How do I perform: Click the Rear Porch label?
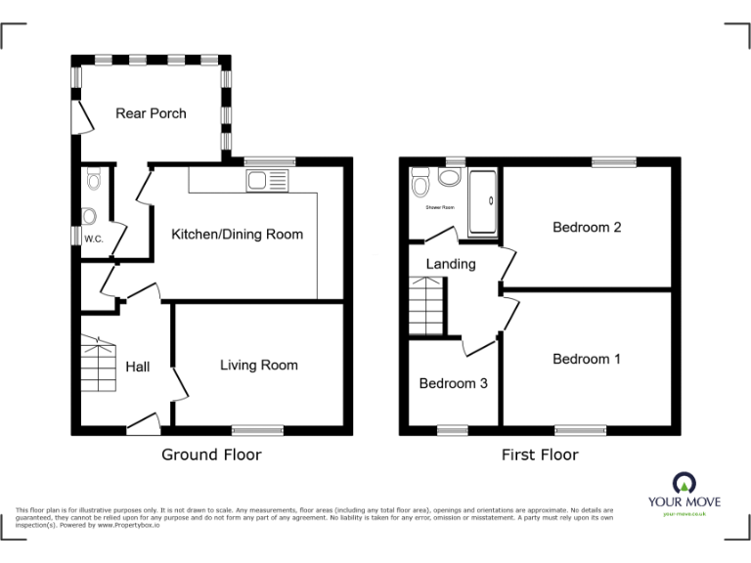pos(151,113)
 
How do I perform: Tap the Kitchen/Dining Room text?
pos(237,235)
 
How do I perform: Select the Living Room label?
pos(258,366)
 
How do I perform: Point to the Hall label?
pos(138,367)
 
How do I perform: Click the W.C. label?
pos(94,238)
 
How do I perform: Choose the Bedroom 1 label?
pos(587,360)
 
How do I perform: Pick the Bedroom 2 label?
pos(587,228)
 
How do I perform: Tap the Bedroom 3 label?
pos(453,383)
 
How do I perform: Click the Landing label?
pos(451,264)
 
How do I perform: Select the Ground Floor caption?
pos(211,455)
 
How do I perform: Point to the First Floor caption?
pos(540,455)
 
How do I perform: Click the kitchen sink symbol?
pos(268,180)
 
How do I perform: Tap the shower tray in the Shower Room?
pos(483,202)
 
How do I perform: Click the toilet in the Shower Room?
pos(421,183)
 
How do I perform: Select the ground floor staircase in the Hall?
pos(98,364)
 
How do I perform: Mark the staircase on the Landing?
pos(425,304)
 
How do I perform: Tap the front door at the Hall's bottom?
pos(144,424)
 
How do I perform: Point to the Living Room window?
pos(257,429)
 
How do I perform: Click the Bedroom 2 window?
pos(613,162)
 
